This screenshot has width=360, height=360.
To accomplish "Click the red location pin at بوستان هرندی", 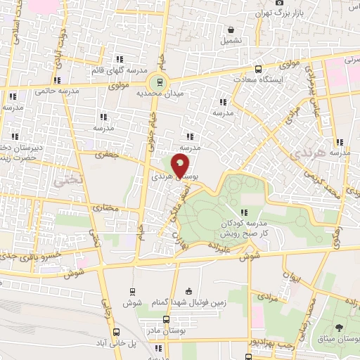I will click(181, 166).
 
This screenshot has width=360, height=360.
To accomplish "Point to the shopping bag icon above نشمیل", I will click(231, 30).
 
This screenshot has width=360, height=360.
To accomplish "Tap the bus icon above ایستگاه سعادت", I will click(258, 69).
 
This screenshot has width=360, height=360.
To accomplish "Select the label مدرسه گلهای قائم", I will click(118, 70).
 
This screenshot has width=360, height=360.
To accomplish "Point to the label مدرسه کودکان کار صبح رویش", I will click(244, 226).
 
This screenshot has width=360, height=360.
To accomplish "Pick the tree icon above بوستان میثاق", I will click(340, 328).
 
